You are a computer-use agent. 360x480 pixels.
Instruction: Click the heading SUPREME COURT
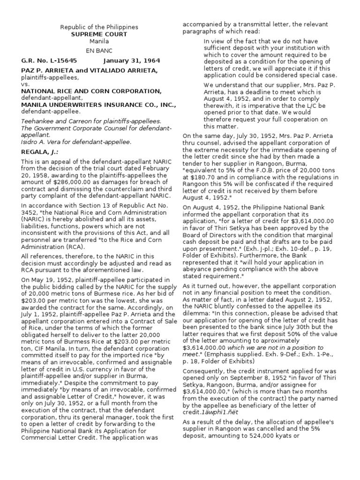tap(99, 34)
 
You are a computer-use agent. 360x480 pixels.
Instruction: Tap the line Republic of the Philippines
tap(99, 27)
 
